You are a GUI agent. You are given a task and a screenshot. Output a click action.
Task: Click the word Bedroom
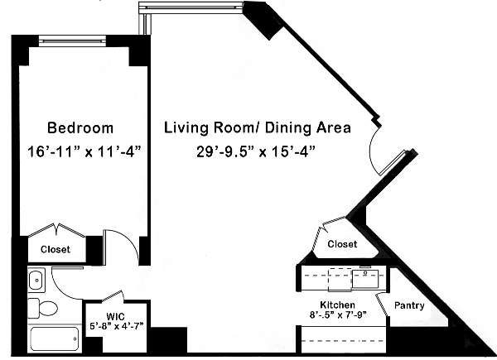point(80,128)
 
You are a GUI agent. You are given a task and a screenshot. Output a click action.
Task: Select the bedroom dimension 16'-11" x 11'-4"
point(84,151)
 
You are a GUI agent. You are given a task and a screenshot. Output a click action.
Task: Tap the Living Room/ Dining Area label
point(258,128)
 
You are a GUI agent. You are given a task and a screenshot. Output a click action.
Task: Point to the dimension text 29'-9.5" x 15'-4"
point(256,151)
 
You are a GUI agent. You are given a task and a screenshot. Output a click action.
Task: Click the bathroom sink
point(36,280)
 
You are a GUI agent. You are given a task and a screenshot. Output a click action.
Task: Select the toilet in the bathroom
point(43,308)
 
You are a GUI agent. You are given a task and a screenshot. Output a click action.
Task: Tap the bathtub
point(54,338)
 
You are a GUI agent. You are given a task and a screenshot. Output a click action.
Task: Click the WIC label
point(115,316)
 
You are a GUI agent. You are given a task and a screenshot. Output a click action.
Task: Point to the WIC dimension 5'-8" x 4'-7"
point(117,325)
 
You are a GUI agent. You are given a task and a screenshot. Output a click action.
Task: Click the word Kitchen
point(337,305)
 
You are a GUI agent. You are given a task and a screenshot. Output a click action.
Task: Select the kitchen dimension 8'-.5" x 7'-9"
point(338,315)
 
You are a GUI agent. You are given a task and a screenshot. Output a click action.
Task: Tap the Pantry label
point(409,305)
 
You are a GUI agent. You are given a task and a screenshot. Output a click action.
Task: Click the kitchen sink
point(365,279)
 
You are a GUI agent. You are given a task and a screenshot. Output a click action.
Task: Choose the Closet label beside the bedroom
point(55,249)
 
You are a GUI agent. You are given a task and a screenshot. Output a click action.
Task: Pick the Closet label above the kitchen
point(342,244)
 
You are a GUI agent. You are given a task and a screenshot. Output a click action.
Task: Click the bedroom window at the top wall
point(72,41)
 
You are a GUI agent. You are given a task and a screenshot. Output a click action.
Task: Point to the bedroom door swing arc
point(129,242)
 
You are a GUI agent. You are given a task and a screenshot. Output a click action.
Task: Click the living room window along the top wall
point(191,6)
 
